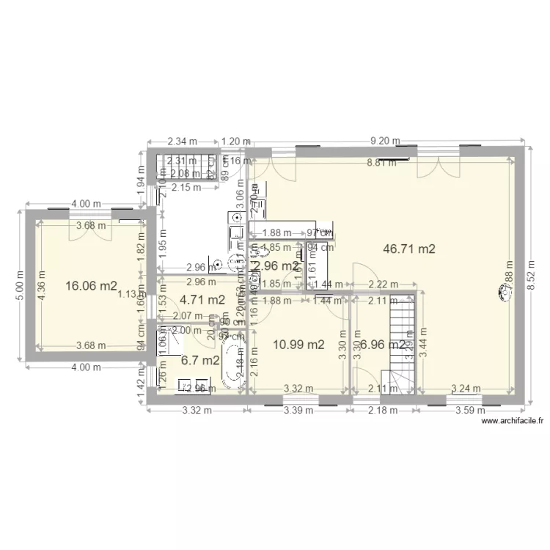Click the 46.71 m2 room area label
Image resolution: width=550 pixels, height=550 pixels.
coord(409,249)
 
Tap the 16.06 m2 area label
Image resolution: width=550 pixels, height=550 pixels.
coord(91,286)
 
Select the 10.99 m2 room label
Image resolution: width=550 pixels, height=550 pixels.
coord(298,344)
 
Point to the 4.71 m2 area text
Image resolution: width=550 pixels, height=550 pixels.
coord(202,299)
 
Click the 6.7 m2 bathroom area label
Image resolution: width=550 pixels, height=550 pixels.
coord(199,360)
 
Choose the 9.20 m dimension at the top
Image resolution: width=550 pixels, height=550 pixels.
coord(384,142)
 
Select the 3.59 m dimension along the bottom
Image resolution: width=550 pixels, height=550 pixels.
coord(469,410)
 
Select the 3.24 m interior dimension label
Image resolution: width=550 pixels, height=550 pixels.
coord(466,389)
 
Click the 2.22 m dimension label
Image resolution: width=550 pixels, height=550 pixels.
coord(383,285)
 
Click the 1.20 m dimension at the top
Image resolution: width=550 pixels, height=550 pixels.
coord(235,142)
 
